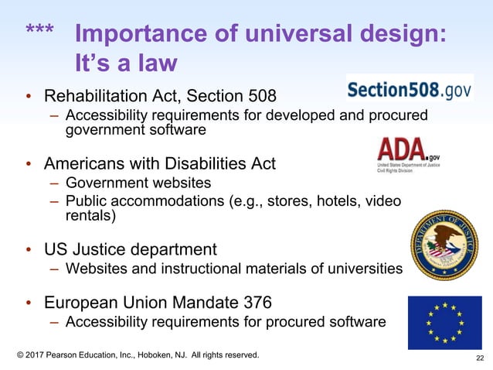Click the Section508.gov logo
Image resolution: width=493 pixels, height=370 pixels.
[409, 90]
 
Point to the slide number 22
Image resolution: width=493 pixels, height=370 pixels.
[480, 358]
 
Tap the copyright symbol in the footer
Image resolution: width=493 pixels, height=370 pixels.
[21, 355]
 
